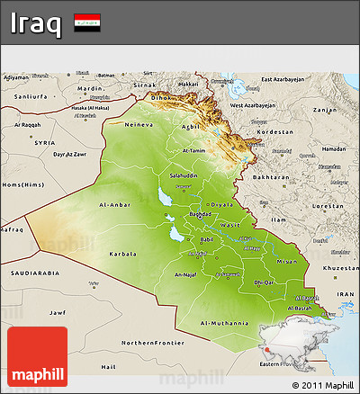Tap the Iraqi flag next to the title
click(87, 22)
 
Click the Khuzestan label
click(339, 268)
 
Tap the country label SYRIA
click(45, 142)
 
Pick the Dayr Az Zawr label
click(70, 155)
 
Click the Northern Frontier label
click(150, 343)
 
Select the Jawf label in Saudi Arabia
click(58, 312)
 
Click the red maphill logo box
click(37, 357)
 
